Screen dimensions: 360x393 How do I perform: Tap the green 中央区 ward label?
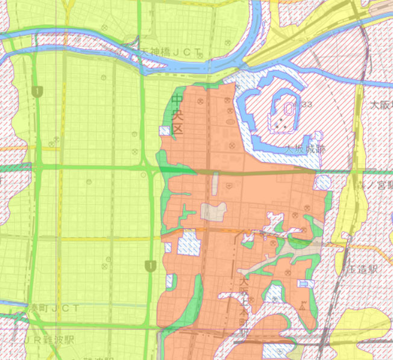(x=177, y=114)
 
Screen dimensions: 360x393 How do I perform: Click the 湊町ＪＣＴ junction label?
(x=55, y=309)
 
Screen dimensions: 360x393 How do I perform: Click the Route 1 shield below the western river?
(x=39, y=91)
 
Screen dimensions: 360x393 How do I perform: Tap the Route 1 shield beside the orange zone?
(x=149, y=265)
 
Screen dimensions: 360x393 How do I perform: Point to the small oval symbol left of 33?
(x=289, y=109)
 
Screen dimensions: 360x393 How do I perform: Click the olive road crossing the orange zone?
(x=259, y=173)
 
